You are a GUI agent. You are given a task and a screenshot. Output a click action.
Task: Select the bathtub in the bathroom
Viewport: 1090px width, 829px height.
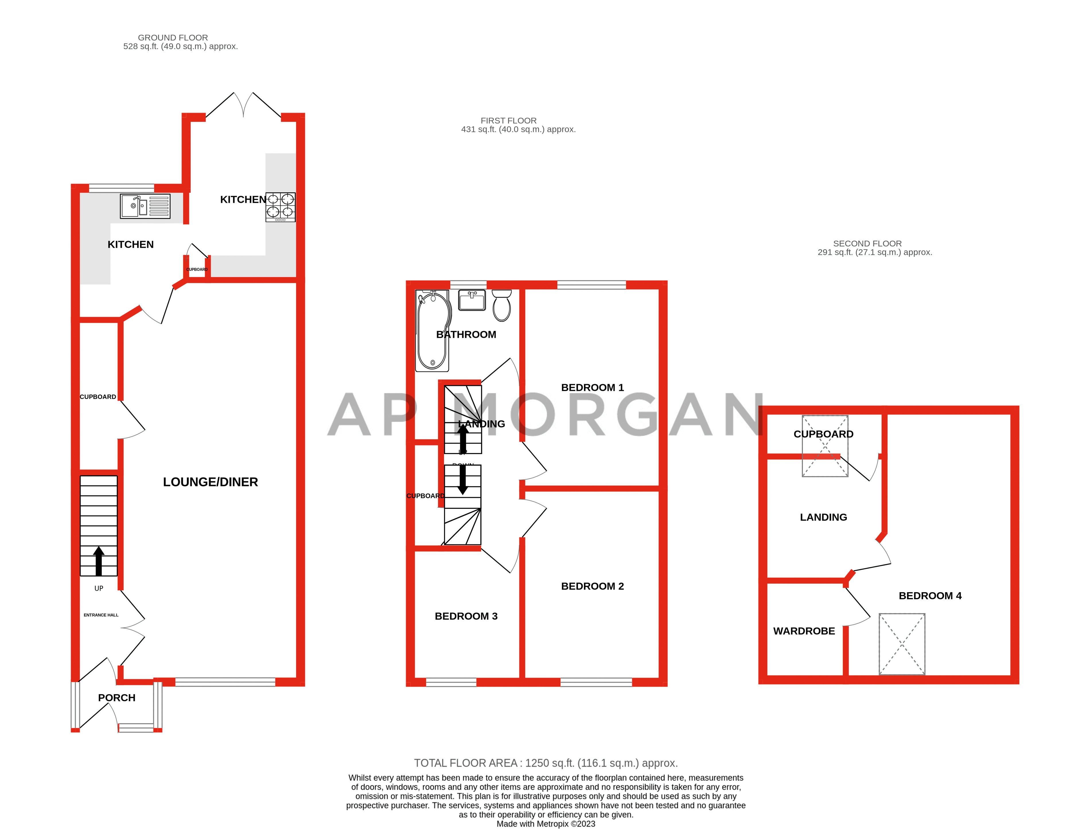(x=433, y=331)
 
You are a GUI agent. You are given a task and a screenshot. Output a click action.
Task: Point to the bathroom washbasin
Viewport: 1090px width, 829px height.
(x=472, y=300)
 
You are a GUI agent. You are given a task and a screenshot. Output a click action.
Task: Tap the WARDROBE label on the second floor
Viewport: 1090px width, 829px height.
(x=804, y=631)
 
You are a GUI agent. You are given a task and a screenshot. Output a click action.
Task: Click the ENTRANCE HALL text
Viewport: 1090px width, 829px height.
(x=101, y=615)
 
